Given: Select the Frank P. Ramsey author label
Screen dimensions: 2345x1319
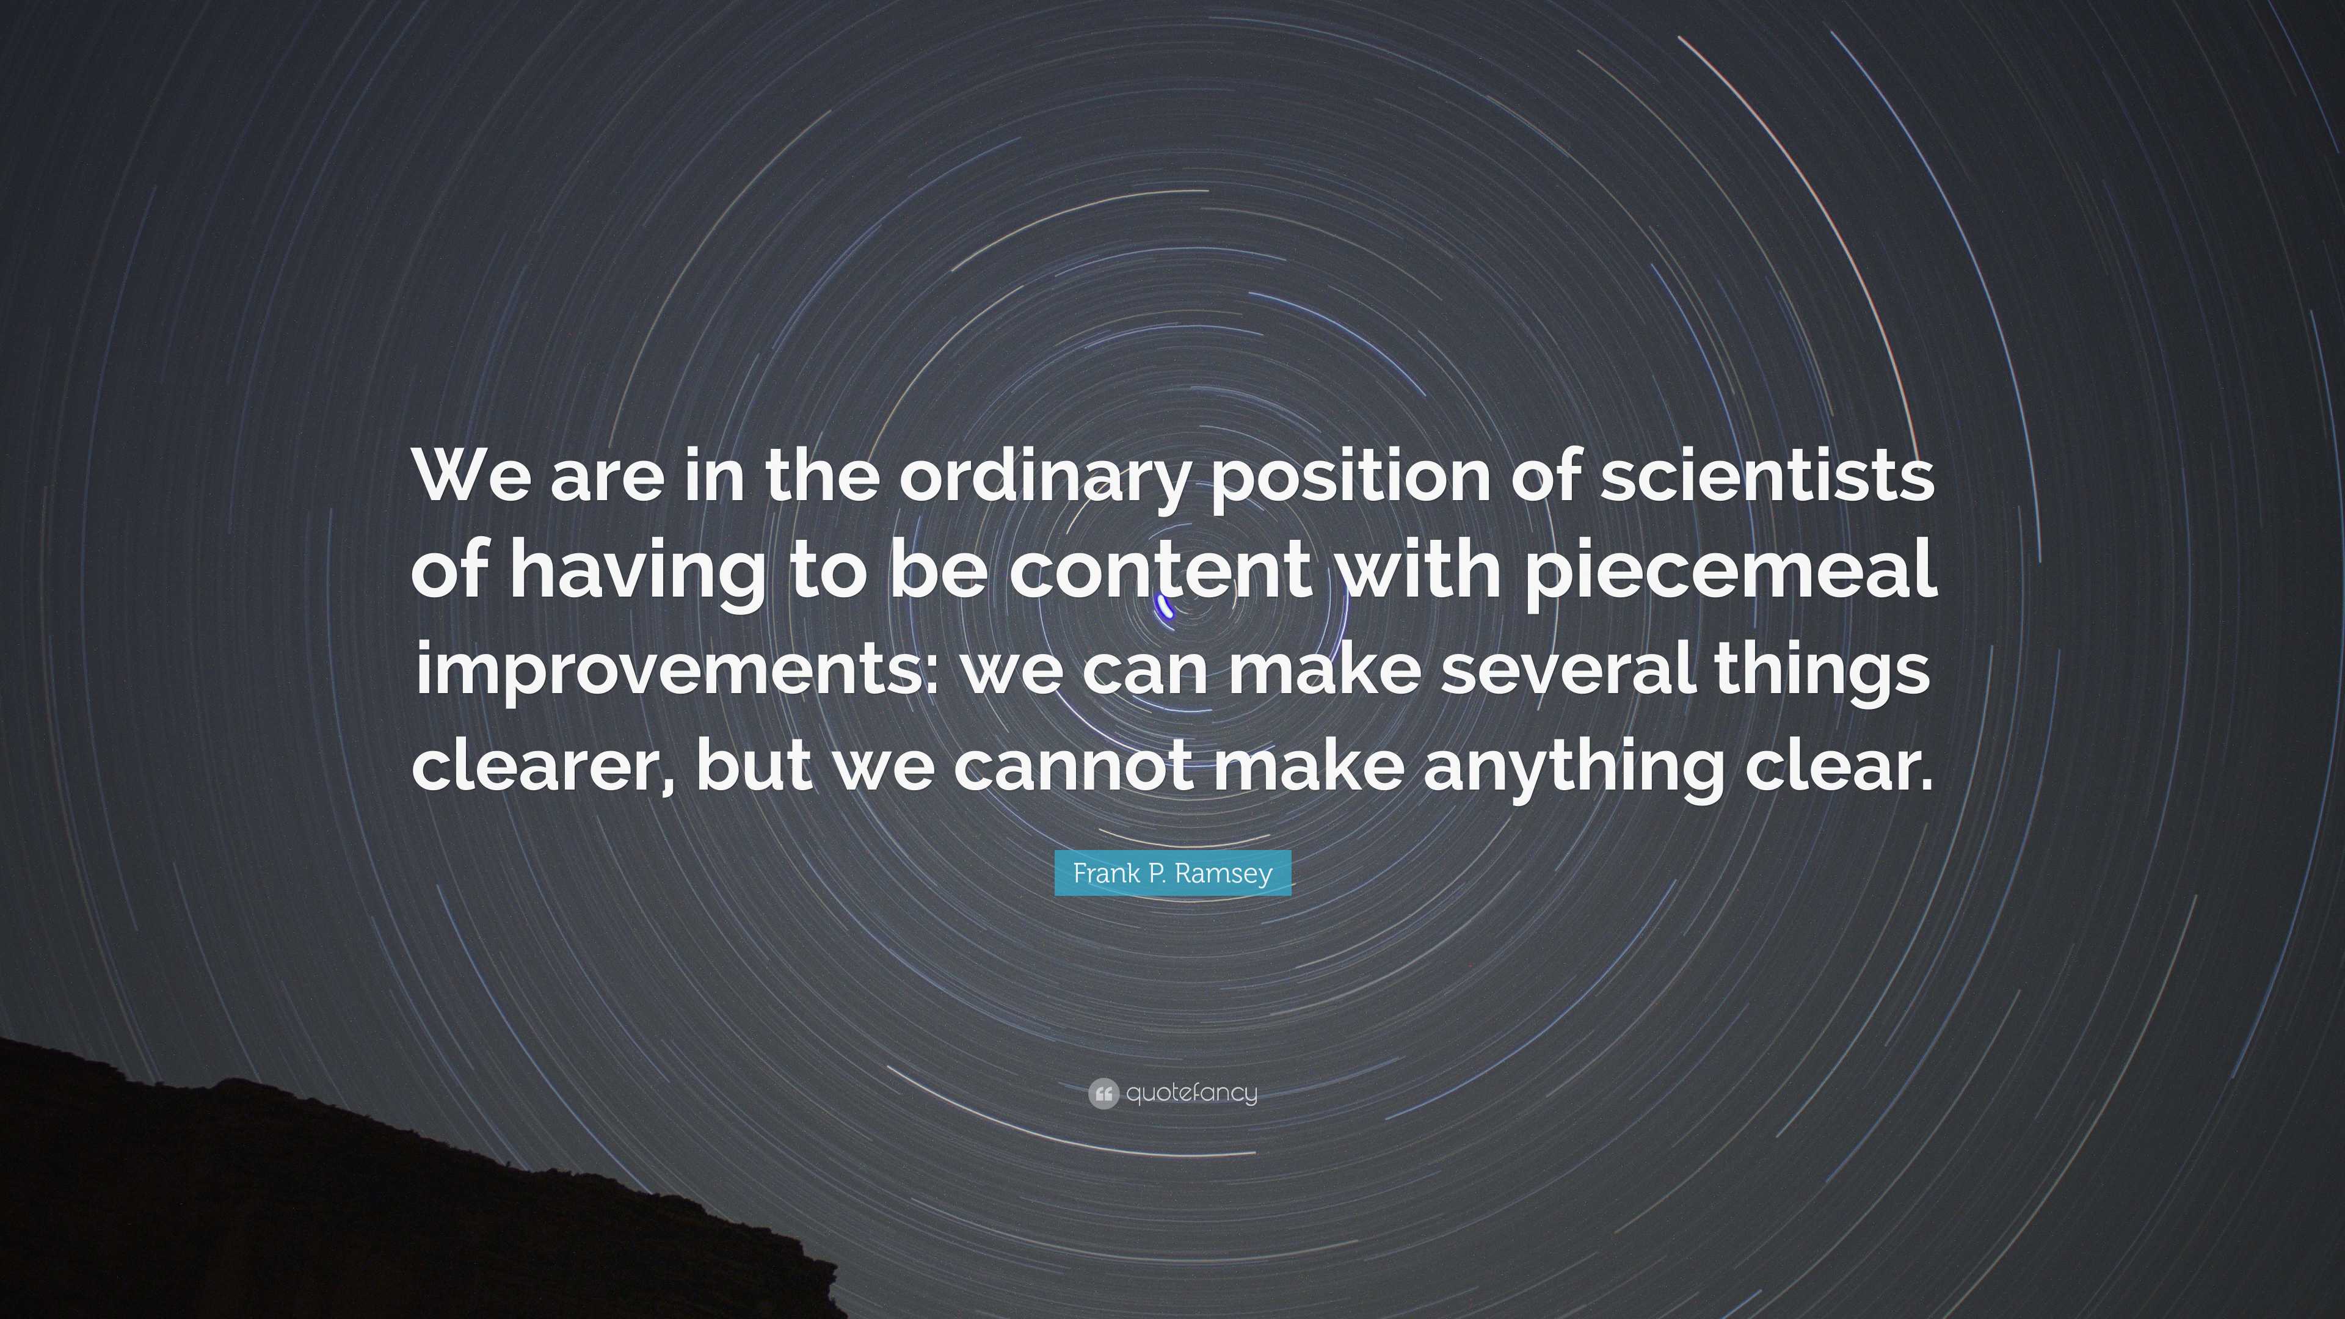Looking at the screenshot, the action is tap(1172, 873).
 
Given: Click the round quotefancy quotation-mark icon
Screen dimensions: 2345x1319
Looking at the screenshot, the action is tap(1103, 1093).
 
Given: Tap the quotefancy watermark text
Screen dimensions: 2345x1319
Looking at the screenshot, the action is tap(1191, 1093).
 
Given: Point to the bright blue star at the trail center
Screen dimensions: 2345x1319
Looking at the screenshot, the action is tap(1165, 607).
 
